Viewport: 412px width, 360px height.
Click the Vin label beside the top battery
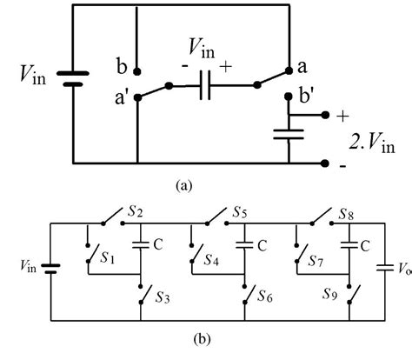[x=28, y=79]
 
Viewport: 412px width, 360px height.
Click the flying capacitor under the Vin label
[x=203, y=86]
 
